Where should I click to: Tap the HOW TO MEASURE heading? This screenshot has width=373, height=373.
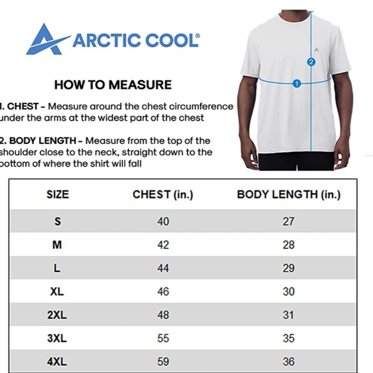[113, 84]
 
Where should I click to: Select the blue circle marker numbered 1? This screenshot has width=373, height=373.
[296, 83]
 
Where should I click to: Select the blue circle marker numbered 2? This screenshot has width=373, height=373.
[311, 62]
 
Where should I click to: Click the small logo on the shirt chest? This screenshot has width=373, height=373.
[316, 49]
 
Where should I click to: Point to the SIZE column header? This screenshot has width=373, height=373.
[57, 194]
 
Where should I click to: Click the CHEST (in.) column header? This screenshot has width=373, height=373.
[163, 194]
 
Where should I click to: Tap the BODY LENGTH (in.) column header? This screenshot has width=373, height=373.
[289, 194]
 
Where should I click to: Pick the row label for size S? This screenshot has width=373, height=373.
[57, 221]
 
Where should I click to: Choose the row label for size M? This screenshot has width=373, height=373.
[57, 245]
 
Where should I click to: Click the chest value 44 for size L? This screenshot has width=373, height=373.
[163, 268]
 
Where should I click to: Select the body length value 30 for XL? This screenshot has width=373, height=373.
[289, 291]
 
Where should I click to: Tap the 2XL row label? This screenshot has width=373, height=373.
[57, 314]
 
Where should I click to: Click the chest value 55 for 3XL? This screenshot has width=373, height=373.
[163, 338]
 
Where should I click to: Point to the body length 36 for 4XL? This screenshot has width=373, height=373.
[289, 361]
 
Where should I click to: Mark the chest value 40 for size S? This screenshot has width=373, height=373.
[163, 221]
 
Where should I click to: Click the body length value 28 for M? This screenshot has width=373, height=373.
[289, 245]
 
